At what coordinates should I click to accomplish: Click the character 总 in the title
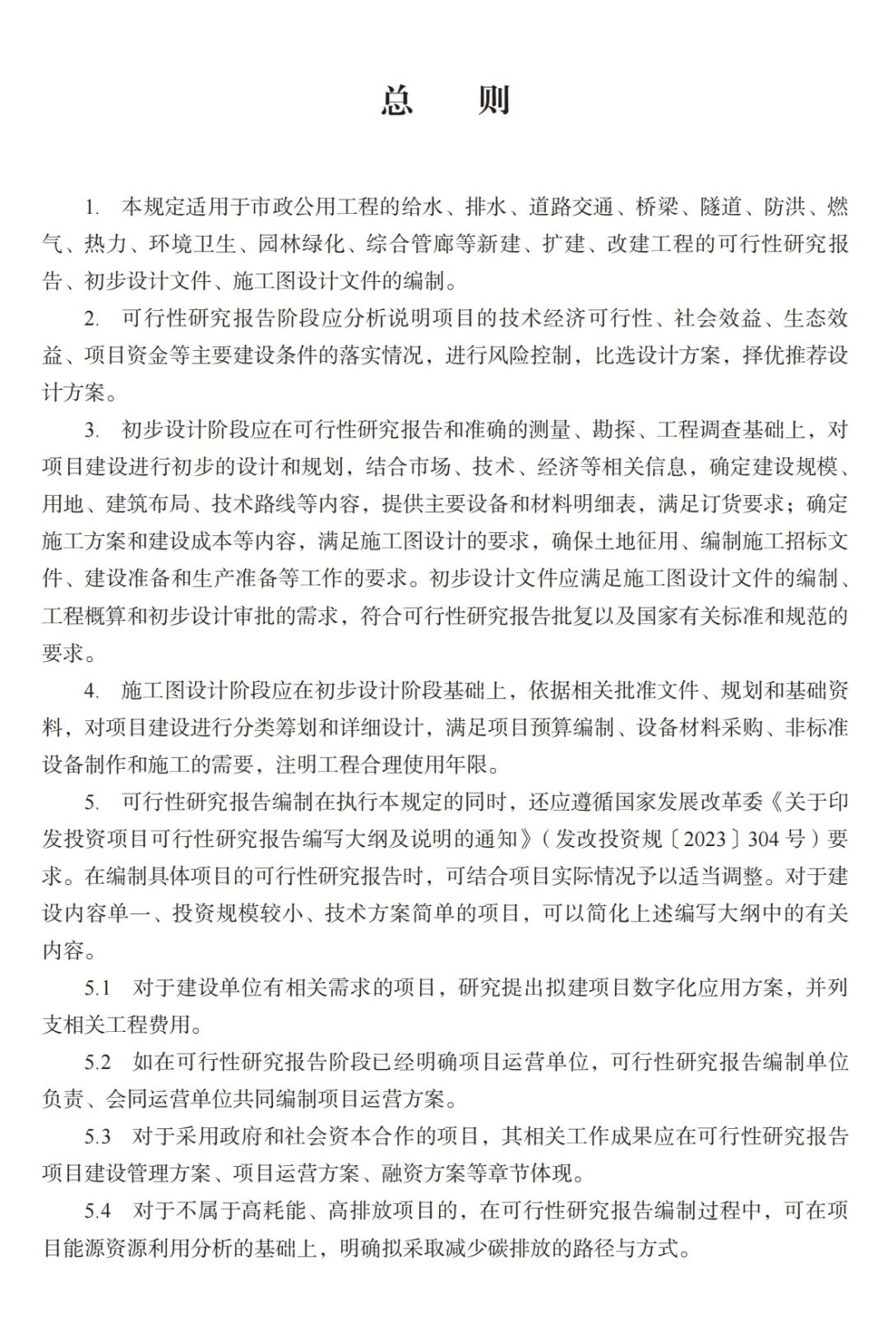(x=396, y=100)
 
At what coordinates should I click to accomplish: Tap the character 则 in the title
(x=494, y=100)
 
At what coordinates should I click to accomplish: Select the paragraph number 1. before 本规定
(x=91, y=207)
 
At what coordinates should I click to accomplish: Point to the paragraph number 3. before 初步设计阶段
(x=91, y=430)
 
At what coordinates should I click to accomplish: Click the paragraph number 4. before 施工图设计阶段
(x=91, y=691)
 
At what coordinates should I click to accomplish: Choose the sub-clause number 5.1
(x=97, y=988)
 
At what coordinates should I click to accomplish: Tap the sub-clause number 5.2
(x=97, y=1062)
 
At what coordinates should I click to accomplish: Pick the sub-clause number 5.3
(x=97, y=1136)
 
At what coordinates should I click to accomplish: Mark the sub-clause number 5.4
(x=97, y=1211)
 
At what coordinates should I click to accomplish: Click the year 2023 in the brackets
(x=705, y=839)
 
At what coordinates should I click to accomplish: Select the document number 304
(x=763, y=839)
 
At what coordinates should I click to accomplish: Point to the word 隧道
(x=721, y=206)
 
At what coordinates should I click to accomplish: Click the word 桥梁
(x=657, y=206)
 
